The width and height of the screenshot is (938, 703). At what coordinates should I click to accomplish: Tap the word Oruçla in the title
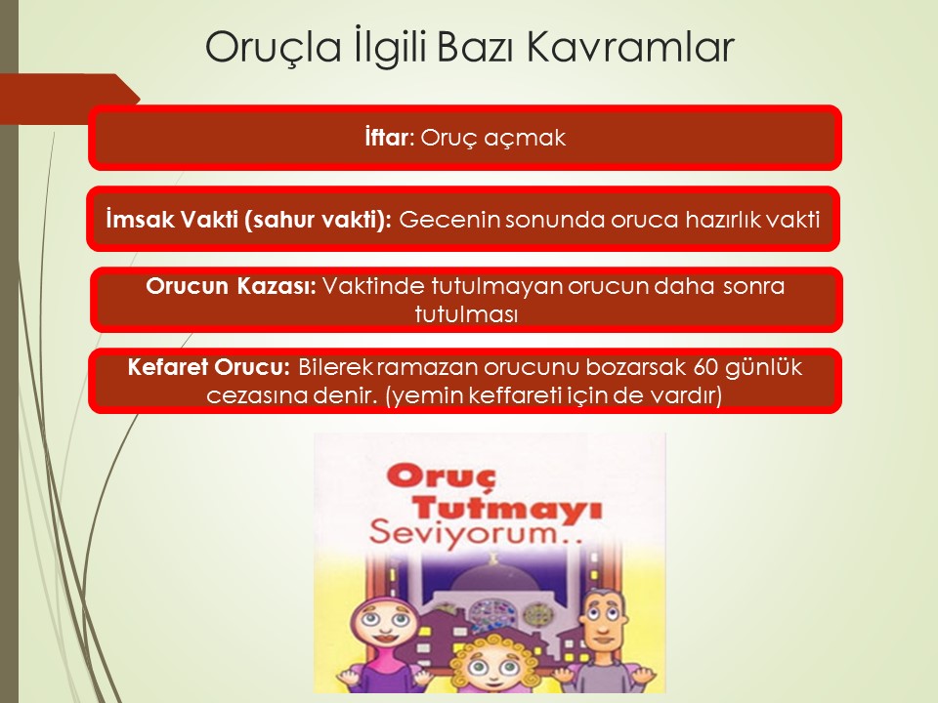274,47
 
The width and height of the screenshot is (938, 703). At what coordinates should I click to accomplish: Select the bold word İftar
386,138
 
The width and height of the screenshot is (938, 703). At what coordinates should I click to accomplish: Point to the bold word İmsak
140,220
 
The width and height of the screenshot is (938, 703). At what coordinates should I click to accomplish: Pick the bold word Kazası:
277,286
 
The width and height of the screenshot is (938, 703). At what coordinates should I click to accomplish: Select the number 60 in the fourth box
705,366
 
